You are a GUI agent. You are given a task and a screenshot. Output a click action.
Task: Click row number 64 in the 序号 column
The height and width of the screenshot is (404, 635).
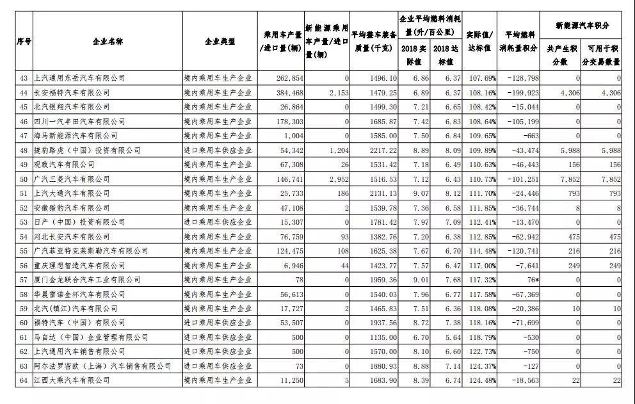point(25,380)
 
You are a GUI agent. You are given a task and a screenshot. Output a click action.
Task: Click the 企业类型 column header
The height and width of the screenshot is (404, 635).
point(220,42)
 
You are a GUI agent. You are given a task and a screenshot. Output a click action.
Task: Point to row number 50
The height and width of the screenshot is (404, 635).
point(25,179)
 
